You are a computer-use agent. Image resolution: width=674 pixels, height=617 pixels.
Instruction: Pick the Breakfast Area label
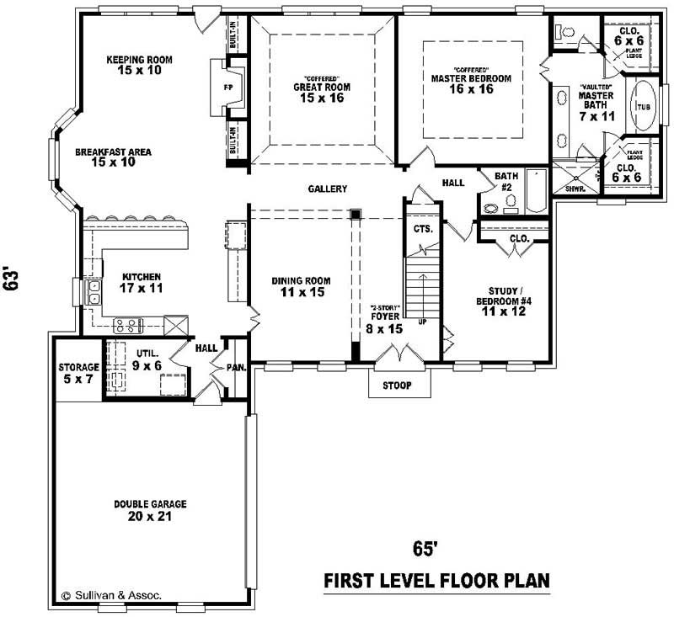tap(113, 157)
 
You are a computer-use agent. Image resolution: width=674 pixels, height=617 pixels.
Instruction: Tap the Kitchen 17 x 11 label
tap(142, 282)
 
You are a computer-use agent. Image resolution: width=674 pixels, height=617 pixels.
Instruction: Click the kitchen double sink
tap(95, 292)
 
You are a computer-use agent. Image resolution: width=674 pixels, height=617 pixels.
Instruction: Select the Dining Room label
tap(301, 286)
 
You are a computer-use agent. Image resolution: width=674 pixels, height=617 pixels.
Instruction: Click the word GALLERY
tap(329, 189)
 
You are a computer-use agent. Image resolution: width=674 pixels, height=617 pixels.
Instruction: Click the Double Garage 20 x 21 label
tap(151, 510)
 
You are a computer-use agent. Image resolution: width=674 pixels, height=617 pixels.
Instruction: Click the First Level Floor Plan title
tap(437, 581)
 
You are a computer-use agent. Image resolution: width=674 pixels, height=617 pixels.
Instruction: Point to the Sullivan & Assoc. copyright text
tap(110, 594)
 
